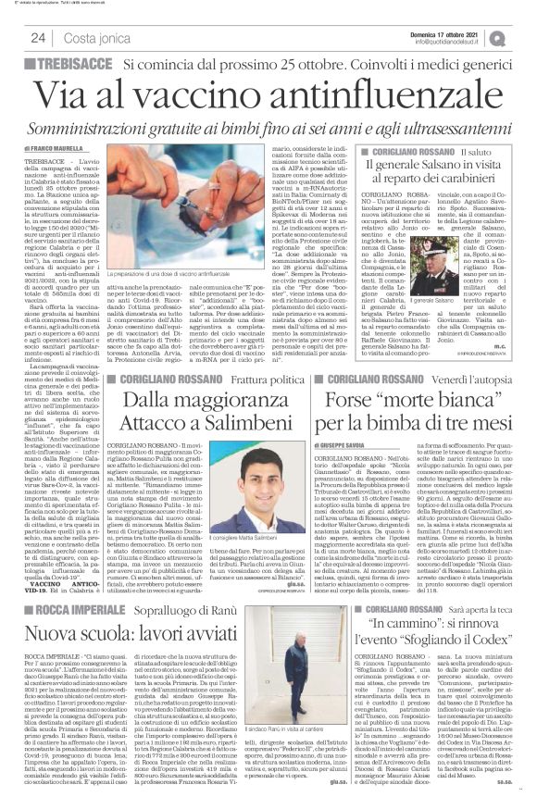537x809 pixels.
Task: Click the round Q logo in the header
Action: [x=523, y=36]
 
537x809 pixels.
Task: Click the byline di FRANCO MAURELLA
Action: [x=43, y=147]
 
